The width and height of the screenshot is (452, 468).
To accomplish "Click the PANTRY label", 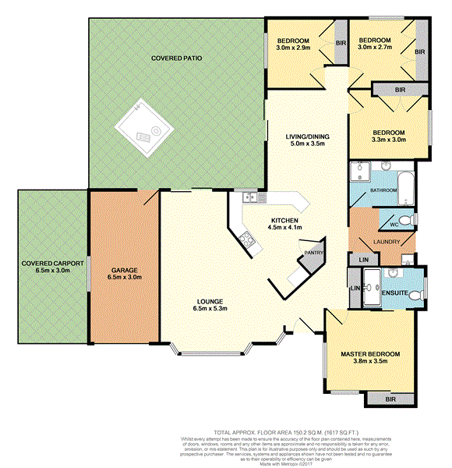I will click(313, 252).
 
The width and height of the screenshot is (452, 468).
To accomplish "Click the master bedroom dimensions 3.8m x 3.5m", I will click(370, 363).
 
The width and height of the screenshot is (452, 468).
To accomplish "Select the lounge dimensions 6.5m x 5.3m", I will click(210, 310).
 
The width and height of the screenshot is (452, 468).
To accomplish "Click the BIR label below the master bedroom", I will click(390, 399).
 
